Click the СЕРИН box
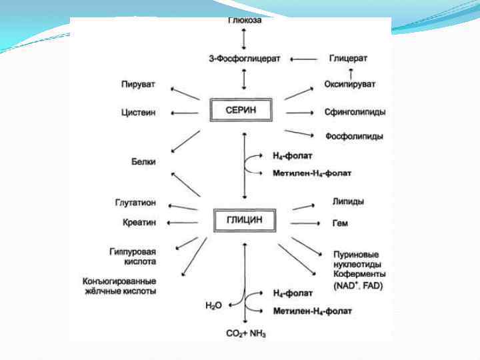click(241, 109)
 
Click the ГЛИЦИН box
click(244, 220)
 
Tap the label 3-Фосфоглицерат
click(245, 59)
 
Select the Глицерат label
click(348, 59)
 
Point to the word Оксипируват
click(350, 84)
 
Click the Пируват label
click(138, 85)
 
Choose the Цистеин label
click(139, 113)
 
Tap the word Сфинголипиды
click(355, 113)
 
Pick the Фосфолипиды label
click(354, 137)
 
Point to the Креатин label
click(139, 222)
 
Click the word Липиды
click(348, 201)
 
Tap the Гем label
click(340, 223)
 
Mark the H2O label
click(213, 305)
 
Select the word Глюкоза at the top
click(245, 21)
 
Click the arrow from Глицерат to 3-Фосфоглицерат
click(304, 59)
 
